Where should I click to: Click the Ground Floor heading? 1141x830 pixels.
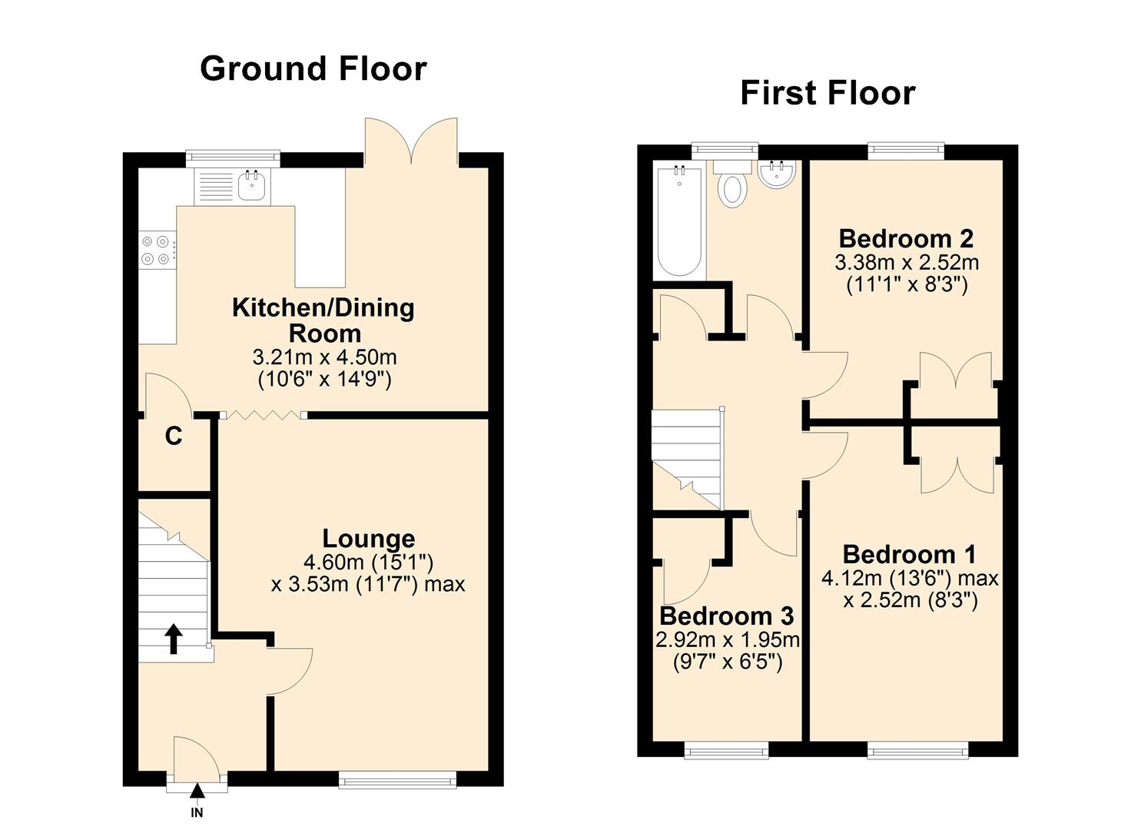click(313, 68)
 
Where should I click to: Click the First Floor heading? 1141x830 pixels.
click(828, 93)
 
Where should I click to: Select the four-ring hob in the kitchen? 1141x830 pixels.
click(156, 250)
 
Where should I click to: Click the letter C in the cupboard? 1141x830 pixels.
click(174, 437)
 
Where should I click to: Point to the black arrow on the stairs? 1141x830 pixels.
click(174, 639)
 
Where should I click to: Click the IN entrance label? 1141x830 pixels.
click(197, 812)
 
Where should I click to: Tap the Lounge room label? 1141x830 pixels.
click(368, 538)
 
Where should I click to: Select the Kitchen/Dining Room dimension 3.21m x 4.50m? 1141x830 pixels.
click(324, 357)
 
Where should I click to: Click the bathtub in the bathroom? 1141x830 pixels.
click(679, 221)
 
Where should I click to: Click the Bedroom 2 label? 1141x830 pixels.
click(906, 238)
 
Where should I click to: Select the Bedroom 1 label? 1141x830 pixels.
click(909, 554)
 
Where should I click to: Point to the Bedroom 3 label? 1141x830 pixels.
click(726, 616)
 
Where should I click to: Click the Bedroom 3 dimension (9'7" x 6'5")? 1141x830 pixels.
click(727, 662)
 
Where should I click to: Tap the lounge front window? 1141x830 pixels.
click(397, 781)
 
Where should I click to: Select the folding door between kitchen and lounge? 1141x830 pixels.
click(263, 416)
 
